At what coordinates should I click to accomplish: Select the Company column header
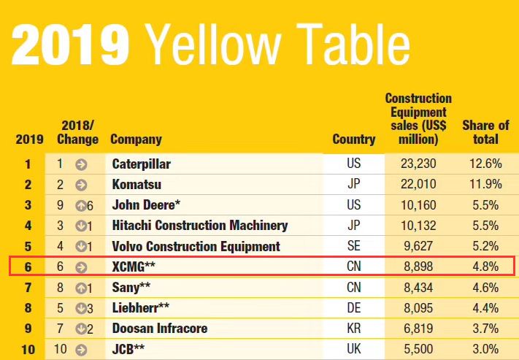click(x=136, y=139)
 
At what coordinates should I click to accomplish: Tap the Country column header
click(x=353, y=139)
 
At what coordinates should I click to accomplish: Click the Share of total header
click(x=485, y=132)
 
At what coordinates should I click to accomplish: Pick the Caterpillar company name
click(x=142, y=164)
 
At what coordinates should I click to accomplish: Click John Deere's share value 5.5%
click(x=485, y=205)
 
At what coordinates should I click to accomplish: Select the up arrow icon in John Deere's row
click(x=80, y=205)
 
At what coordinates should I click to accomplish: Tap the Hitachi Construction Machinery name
click(x=200, y=226)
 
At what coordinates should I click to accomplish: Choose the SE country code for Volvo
click(x=353, y=246)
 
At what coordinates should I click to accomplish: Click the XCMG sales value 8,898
click(x=420, y=267)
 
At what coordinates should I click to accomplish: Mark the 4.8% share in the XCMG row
click(x=485, y=267)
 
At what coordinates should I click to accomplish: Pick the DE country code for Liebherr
click(x=353, y=308)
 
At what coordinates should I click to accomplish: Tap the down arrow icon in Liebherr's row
click(x=80, y=308)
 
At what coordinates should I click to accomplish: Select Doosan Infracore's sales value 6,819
click(x=420, y=329)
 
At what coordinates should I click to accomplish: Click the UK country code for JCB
click(x=353, y=349)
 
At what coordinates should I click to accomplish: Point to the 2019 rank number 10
click(x=28, y=349)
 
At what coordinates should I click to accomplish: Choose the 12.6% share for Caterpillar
click(x=485, y=164)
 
